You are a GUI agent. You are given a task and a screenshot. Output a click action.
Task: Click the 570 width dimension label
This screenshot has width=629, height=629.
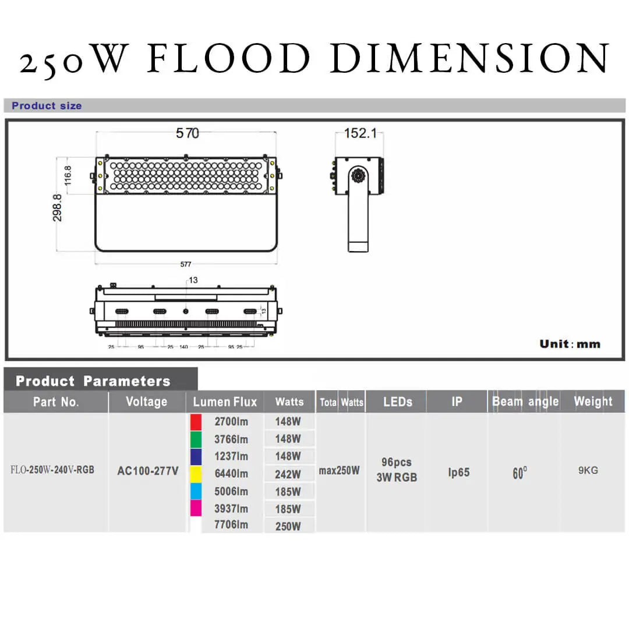pyautogui.click(x=187, y=133)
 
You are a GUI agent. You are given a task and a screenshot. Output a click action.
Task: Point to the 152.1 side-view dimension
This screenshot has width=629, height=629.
pyautogui.click(x=359, y=133)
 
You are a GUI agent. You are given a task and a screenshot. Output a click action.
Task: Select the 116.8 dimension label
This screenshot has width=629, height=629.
pyautogui.click(x=68, y=175)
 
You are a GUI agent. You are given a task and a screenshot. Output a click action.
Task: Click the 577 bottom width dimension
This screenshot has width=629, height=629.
pyautogui.click(x=186, y=264)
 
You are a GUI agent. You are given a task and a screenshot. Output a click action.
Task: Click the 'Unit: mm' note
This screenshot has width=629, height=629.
pyautogui.click(x=570, y=344)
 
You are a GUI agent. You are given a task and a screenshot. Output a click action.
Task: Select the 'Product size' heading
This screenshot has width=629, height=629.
pyautogui.click(x=47, y=106)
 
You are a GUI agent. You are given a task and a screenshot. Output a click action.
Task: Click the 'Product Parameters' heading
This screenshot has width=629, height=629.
pyautogui.click(x=93, y=381)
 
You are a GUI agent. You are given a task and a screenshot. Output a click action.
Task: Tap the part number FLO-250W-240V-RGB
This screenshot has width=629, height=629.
pyautogui.click(x=52, y=470)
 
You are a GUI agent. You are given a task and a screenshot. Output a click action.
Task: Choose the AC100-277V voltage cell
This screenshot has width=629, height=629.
pyautogui.click(x=148, y=471)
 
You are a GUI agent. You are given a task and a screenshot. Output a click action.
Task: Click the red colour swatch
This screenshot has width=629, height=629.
pyautogui.click(x=196, y=422)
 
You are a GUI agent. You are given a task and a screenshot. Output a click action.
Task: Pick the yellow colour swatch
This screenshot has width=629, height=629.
pyautogui.click(x=196, y=473)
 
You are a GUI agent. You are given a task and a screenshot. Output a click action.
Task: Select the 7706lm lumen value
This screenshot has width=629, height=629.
pyautogui.click(x=231, y=525)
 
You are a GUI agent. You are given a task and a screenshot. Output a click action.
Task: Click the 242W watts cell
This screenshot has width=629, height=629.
pyautogui.click(x=288, y=474)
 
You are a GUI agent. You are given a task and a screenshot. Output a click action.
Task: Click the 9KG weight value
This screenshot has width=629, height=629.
pyautogui.click(x=588, y=471)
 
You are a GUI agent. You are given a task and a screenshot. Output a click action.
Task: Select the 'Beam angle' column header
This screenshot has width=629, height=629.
pyautogui.click(x=525, y=402)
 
